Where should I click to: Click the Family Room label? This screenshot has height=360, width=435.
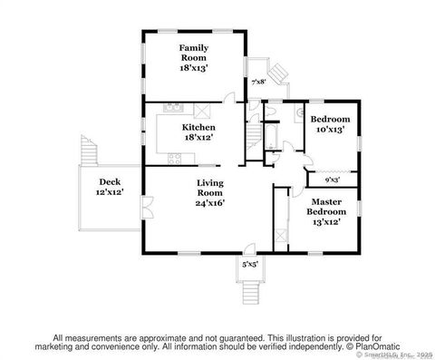(194, 56)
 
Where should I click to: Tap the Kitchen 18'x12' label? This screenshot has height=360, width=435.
(198, 132)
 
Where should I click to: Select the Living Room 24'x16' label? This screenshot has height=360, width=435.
(210, 192)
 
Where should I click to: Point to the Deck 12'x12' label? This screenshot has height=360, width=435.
(110, 187)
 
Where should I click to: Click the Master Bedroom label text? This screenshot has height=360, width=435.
(325, 211)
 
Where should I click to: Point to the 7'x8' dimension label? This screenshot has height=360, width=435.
(258, 82)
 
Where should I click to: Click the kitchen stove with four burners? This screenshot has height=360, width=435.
(173, 159)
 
